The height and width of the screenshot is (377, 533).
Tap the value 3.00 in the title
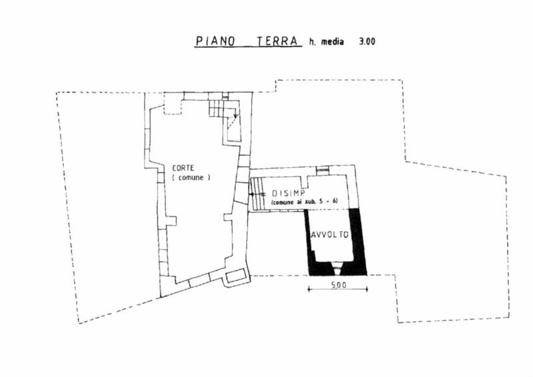tap(367, 41)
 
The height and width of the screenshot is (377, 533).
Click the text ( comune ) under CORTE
tap(191, 179)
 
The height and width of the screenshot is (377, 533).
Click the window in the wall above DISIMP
tap(322, 171)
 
